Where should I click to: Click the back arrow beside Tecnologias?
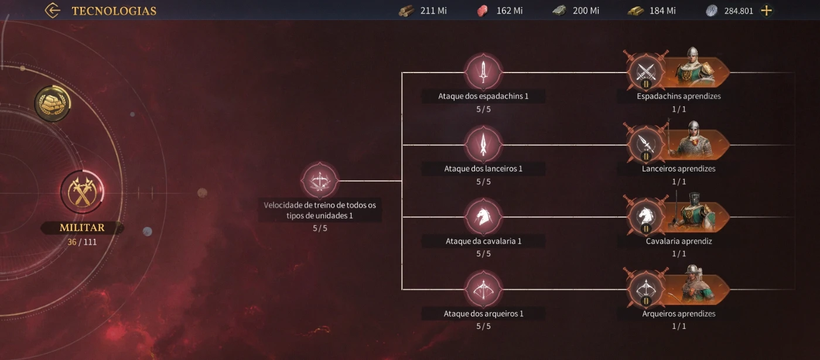coord(53,11)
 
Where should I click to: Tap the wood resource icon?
coord(406,11)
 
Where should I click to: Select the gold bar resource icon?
coord(636,11)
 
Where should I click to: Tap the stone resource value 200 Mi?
coord(586,11)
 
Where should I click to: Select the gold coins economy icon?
coord(52,104)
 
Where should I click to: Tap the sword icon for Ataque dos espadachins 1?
coord(483,72)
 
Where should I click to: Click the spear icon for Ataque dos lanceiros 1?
coord(483,145)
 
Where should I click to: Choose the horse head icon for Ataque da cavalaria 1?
coord(483,217)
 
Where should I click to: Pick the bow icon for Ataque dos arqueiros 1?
coord(483,289)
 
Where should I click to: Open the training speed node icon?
coord(320,181)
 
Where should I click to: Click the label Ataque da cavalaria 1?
coord(483,241)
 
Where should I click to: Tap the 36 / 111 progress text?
coord(82,242)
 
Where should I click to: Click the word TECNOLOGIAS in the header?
coord(114,11)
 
